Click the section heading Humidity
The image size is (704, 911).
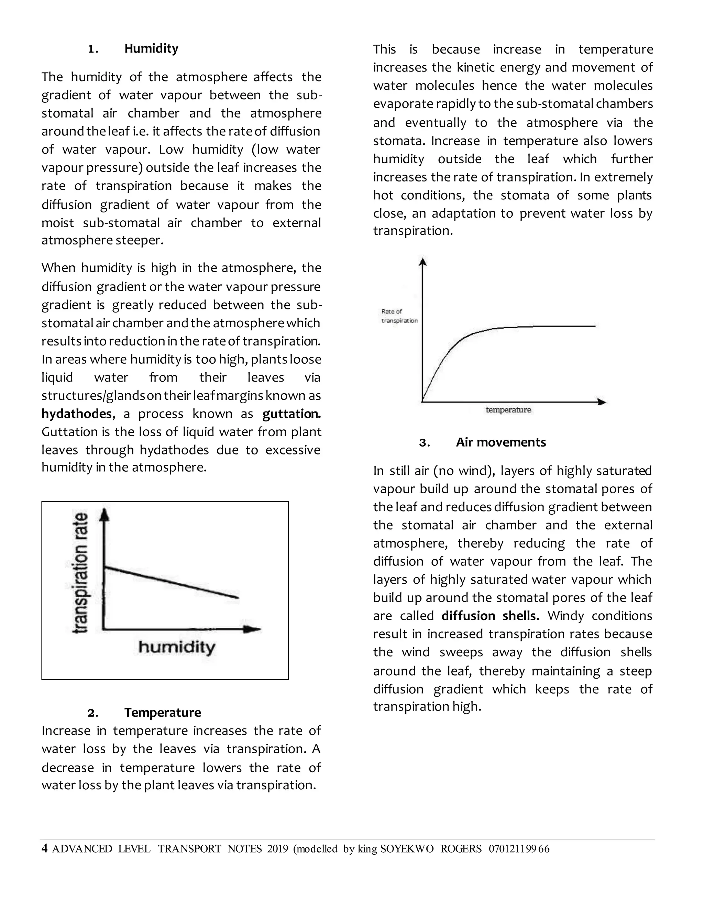[x=151, y=49]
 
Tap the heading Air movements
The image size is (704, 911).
[x=500, y=442]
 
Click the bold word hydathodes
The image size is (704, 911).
[x=76, y=414]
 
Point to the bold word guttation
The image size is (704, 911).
[x=291, y=414]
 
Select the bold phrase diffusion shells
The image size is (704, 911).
[x=490, y=616]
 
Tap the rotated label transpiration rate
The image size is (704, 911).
[x=80, y=573]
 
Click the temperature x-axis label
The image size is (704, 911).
[x=508, y=410]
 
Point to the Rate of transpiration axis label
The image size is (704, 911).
[x=399, y=316]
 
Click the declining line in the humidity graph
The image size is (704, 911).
[x=171, y=582]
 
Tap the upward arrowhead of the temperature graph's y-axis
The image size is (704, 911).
[x=423, y=262]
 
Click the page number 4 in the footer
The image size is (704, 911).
[x=44, y=848]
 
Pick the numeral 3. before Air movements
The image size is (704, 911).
[x=424, y=442]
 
